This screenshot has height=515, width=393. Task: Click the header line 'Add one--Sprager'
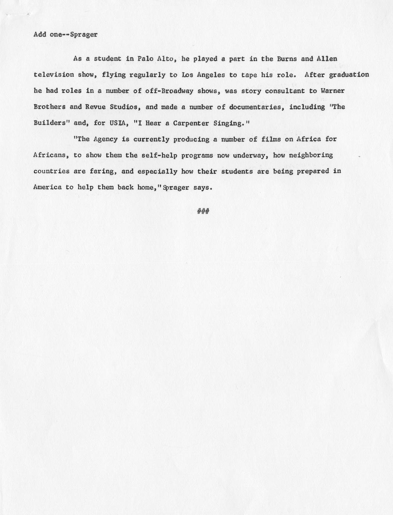coord(65,34)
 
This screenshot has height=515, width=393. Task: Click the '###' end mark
coord(203,211)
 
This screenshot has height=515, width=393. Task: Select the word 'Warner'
coord(332,91)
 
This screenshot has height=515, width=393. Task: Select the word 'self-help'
coord(159,155)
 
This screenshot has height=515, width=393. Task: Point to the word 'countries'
coord(52,171)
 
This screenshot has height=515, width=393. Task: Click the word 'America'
coord(47,187)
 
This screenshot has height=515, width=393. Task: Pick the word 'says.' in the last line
coord(203,187)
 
